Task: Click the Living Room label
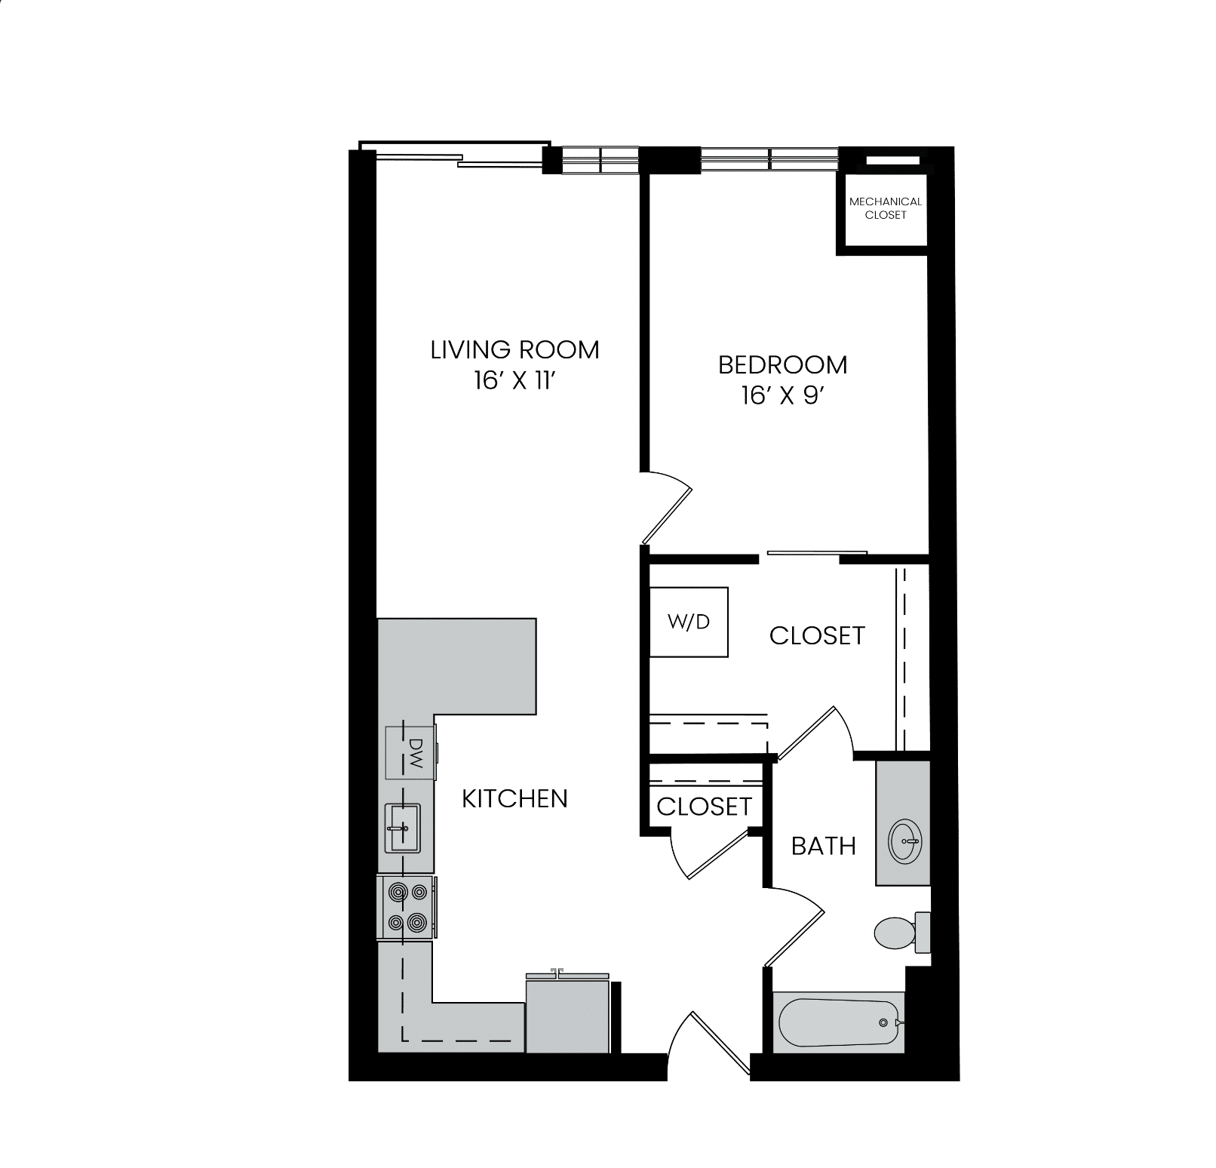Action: click(x=515, y=350)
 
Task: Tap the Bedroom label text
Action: click(x=782, y=365)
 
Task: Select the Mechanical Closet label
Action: click(x=886, y=208)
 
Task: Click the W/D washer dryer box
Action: click(x=689, y=622)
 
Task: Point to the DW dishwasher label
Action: click(x=414, y=752)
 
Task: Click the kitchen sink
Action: click(x=404, y=828)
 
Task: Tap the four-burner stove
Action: click(x=406, y=908)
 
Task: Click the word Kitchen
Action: click(x=514, y=798)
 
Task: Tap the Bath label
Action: click(x=824, y=846)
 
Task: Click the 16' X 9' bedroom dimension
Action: click(x=779, y=396)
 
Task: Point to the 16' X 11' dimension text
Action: click(x=515, y=381)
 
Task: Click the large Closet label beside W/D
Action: click(x=817, y=635)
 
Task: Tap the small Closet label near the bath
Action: click(x=705, y=807)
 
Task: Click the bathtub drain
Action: click(x=883, y=1023)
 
